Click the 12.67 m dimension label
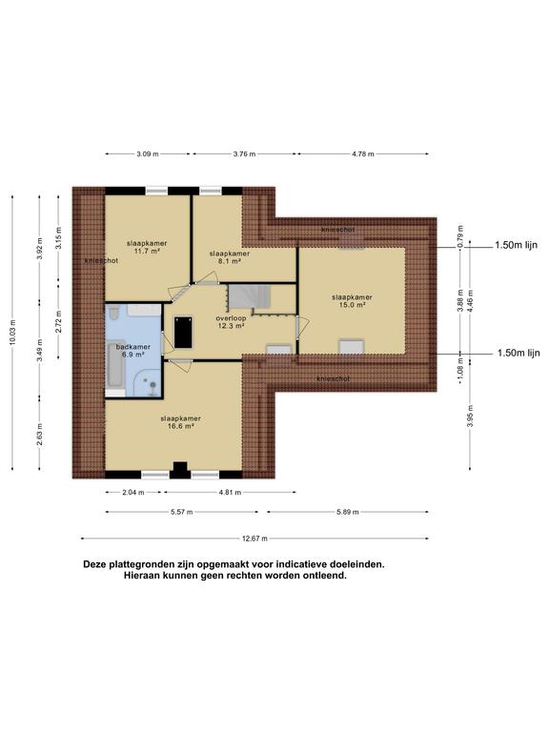pos(254,539)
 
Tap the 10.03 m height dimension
pos(12,333)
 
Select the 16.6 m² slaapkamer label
pos(181,422)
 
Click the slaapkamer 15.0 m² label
pos(352,300)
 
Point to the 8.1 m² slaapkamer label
pos(229,257)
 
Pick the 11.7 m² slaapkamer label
pos(147,247)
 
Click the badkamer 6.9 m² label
pos(133,351)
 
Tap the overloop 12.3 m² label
pos(231,321)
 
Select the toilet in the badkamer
pos(113,313)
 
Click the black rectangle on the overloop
pos(183,332)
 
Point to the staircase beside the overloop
pos(249,297)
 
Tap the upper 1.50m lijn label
pos(516,245)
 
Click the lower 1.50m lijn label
pos(518,353)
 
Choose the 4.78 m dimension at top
pos(363,153)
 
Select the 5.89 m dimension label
pos(347,512)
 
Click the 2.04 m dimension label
pos(133,492)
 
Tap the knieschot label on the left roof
pos(101,260)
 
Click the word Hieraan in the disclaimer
pos(142,576)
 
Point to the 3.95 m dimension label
pos(470,416)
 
